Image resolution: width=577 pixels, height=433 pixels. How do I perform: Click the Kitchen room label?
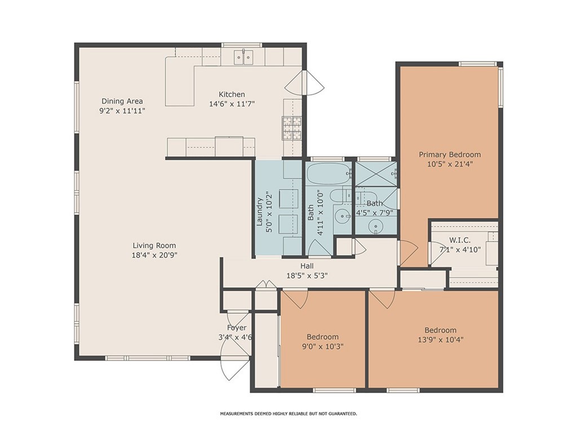232,94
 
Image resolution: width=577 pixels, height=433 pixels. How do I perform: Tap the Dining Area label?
122,101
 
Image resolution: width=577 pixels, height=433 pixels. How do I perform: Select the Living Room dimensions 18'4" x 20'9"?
154,255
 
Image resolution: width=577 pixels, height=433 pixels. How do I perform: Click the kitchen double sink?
244,58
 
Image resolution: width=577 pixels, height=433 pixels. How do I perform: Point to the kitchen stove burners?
292,128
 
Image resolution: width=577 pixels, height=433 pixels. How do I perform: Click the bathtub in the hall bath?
329,174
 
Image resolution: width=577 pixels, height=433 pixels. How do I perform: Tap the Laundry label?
259,212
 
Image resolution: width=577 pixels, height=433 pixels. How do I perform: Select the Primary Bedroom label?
450,154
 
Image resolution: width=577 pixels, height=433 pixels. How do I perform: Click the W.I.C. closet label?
460,240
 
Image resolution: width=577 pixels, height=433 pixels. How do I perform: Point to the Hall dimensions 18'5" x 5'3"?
307,275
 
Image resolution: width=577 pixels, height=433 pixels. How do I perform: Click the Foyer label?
237,328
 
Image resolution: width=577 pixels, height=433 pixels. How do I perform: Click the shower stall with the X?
376,174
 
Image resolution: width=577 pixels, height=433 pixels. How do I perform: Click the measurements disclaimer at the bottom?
288,414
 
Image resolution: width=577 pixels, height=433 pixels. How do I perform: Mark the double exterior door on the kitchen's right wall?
305,83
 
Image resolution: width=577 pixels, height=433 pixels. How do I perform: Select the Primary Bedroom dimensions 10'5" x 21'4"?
450,164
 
